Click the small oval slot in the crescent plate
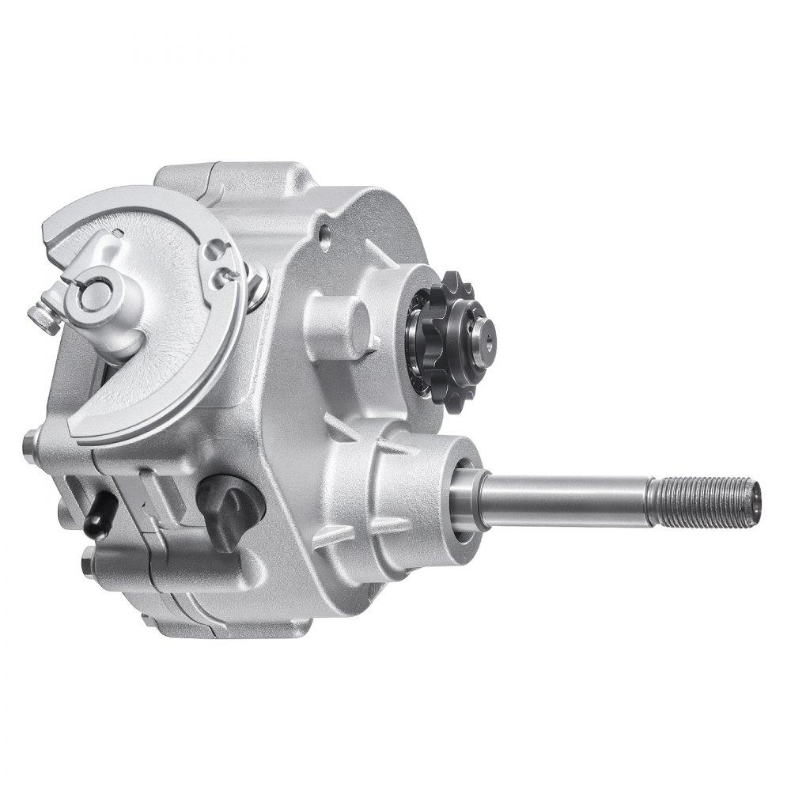point(118,231)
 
